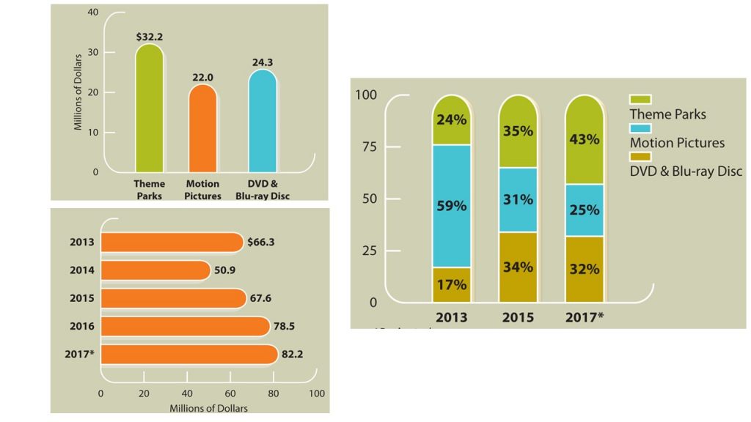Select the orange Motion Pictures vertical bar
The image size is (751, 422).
click(x=202, y=128)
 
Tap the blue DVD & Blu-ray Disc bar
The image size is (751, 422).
click(x=262, y=121)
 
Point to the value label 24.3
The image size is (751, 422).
click(x=263, y=63)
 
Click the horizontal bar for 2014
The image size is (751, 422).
click(x=155, y=270)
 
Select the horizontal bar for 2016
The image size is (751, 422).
click(x=185, y=326)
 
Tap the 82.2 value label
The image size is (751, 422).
click(x=293, y=354)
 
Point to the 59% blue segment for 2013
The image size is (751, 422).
click(x=451, y=206)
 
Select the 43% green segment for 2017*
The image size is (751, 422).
click(x=584, y=139)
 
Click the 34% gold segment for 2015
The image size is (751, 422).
click(x=518, y=267)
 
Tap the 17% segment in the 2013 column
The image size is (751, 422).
click(x=451, y=285)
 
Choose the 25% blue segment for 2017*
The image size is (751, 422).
click(x=584, y=210)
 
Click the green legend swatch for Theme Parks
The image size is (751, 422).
click(x=640, y=99)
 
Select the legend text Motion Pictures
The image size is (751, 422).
click(x=677, y=143)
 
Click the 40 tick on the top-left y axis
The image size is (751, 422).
click(x=92, y=12)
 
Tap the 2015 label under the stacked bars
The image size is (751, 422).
click(x=518, y=318)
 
